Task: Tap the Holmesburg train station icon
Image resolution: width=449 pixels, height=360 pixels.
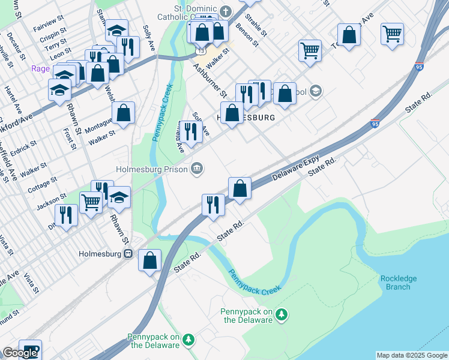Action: coord(128,253)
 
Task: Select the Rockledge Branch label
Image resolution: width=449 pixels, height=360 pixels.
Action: coord(398,283)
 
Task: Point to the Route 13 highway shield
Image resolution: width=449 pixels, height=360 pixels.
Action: coord(198,52)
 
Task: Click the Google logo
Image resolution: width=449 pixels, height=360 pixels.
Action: coord(20,353)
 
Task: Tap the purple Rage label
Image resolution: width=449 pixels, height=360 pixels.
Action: coord(41,68)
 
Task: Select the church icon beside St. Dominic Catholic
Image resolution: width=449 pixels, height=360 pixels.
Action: coord(226,11)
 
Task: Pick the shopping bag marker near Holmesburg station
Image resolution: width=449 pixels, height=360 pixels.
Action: coord(150,260)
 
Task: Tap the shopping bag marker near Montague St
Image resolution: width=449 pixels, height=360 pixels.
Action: coord(123,112)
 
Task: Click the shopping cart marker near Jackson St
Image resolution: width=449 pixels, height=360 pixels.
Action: coord(91,202)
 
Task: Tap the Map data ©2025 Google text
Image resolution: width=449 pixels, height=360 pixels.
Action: coord(412,355)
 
